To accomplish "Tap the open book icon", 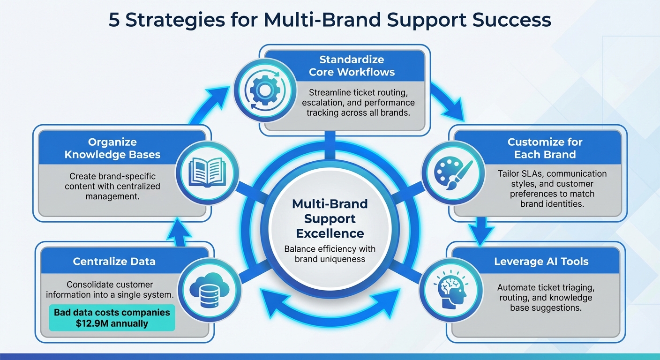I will click(x=207, y=172).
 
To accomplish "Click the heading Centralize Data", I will click(x=114, y=262).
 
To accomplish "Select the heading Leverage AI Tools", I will click(x=541, y=262).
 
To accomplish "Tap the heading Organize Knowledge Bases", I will click(x=112, y=148).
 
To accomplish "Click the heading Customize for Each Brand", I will click(x=545, y=148).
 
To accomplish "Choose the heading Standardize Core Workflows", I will click(x=351, y=66).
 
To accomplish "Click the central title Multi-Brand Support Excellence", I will click(x=330, y=218).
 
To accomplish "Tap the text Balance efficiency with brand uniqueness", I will click(x=330, y=254).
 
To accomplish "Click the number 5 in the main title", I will click(x=114, y=20).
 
